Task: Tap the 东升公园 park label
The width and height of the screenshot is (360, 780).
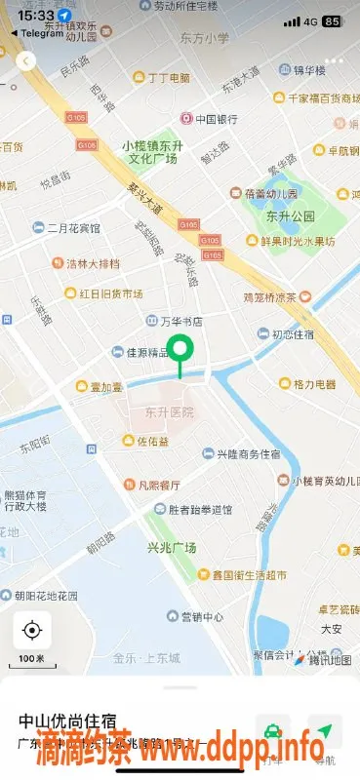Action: tap(290, 215)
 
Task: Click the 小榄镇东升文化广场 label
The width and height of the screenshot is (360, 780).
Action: tap(153, 151)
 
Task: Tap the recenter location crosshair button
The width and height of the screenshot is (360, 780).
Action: tap(32, 630)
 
